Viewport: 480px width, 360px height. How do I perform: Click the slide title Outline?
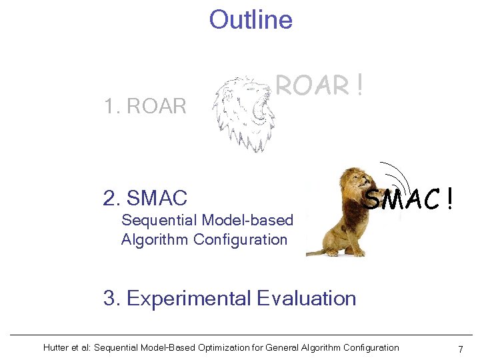coord(251,20)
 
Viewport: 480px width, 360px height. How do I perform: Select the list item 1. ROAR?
coord(145,106)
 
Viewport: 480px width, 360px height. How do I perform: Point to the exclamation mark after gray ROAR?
coord(359,85)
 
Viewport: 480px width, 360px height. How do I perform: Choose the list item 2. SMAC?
coord(145,198)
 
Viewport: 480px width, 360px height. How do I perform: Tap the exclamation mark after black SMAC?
coord(451,197)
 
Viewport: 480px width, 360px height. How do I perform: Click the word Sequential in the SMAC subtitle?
coord(159,221)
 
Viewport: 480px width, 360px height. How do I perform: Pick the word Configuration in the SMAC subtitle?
coord(241,239)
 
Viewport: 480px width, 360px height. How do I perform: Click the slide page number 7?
coord(460,349)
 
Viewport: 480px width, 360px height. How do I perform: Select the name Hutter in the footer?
coord(56,347)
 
